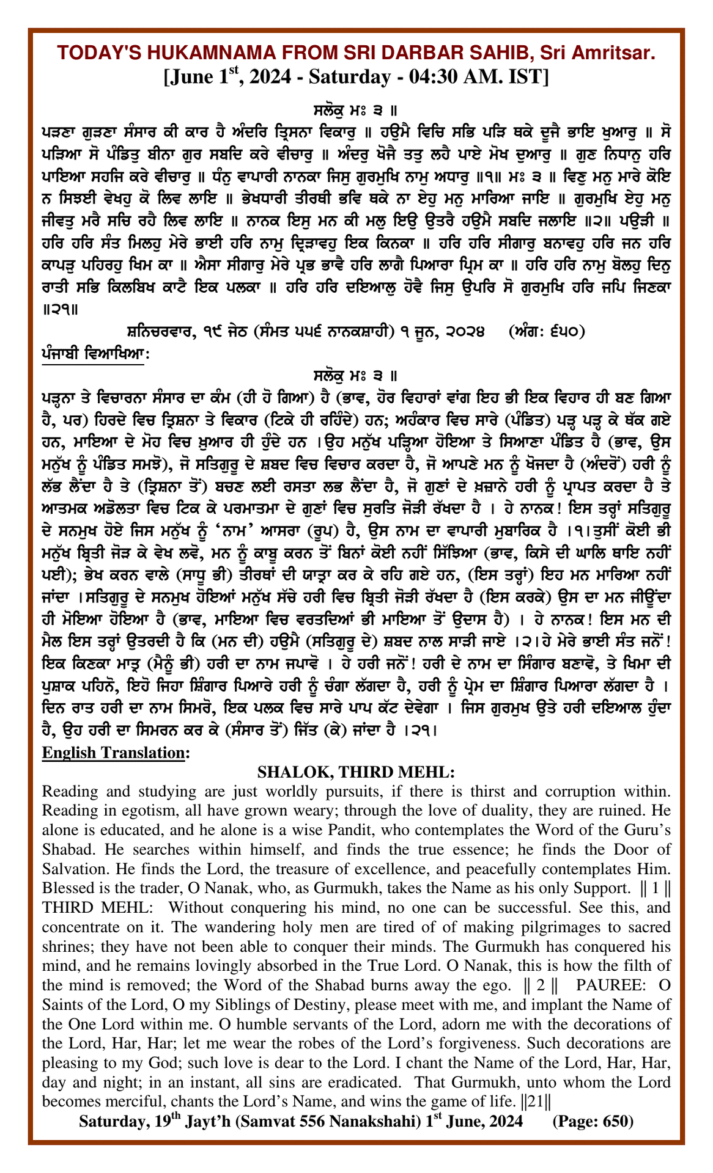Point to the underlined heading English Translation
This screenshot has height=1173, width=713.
pyautogui.click(x=113, y=753)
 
